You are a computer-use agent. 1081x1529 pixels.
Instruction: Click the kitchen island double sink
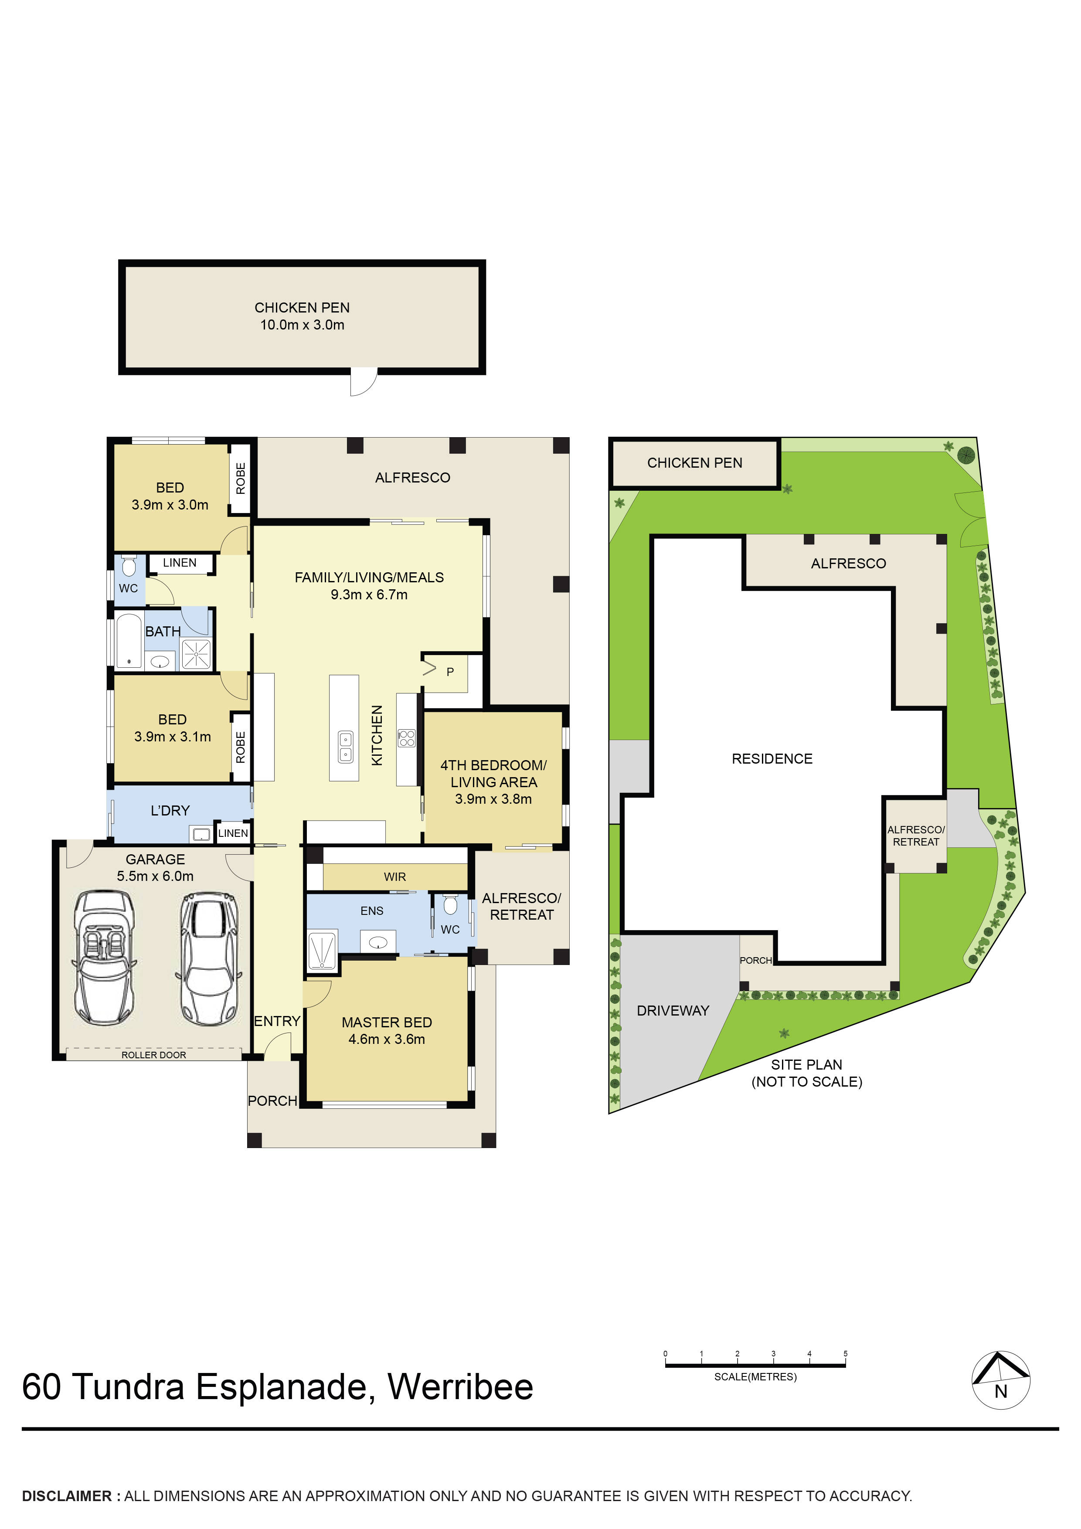point(346,747)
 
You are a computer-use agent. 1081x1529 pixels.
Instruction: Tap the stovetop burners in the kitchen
point(407,738)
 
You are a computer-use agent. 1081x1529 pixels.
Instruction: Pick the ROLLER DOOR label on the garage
point(154,1055)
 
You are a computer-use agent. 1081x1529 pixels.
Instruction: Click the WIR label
point(395,877)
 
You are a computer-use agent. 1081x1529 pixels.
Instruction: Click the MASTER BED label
point(387,1022)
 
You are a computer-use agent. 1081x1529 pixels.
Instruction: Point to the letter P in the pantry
point(450,672)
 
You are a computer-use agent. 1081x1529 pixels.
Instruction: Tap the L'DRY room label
point(170,810)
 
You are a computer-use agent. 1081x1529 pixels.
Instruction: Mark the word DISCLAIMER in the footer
point(67,1496)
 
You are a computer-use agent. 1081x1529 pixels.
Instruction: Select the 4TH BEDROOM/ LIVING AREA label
point(493,774)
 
